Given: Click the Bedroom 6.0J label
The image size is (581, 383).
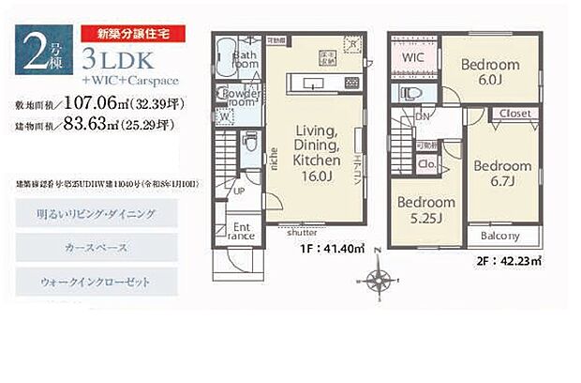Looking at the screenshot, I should (x=490, y=72).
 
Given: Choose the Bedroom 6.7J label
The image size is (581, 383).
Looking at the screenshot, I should (x=501, y=174).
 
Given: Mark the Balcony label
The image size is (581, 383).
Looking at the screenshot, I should (x=501, y=237).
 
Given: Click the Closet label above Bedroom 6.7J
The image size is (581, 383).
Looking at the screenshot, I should (x=515, y=114).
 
